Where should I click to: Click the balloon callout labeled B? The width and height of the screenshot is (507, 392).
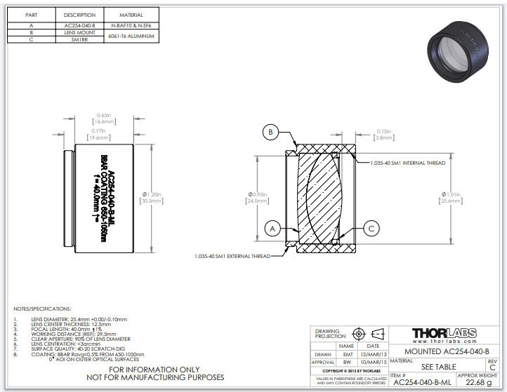272,131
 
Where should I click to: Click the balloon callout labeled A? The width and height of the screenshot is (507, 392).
272,227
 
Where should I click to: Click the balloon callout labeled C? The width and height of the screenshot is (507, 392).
374,227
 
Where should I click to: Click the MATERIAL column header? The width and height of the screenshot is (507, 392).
131,15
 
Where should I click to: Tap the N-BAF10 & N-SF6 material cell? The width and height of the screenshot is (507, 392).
131,25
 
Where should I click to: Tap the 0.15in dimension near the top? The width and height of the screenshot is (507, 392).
383,131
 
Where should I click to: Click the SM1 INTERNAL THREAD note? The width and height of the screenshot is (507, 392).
408,163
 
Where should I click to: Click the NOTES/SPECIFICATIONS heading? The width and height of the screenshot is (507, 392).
42,309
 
